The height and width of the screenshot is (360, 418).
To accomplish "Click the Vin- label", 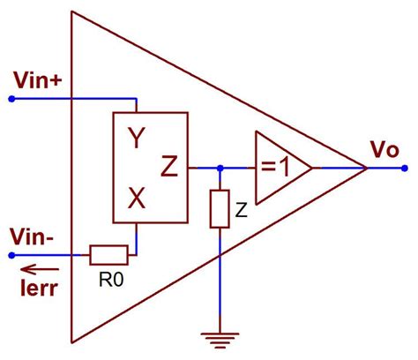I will click(x=34, y=236).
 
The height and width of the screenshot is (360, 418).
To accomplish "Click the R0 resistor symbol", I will click(x=109, y=256).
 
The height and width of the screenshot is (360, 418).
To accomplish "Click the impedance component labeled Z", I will click(x=220, y=208).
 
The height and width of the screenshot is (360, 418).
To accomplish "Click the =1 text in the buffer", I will click(x=277, y=167).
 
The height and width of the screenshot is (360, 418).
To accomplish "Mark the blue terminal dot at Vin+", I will click(x=11, y=99).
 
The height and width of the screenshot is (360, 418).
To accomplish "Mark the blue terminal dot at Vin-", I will click(x=11, y=256).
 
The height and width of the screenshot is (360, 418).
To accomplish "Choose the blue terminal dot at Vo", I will click(x=404, y=167).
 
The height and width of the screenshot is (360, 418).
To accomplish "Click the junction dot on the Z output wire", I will click(x=220, y=167).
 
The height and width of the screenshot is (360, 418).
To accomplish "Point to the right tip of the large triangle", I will click(x=367, y=167).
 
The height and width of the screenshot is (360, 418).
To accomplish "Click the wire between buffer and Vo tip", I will click(x=340, y=167).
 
